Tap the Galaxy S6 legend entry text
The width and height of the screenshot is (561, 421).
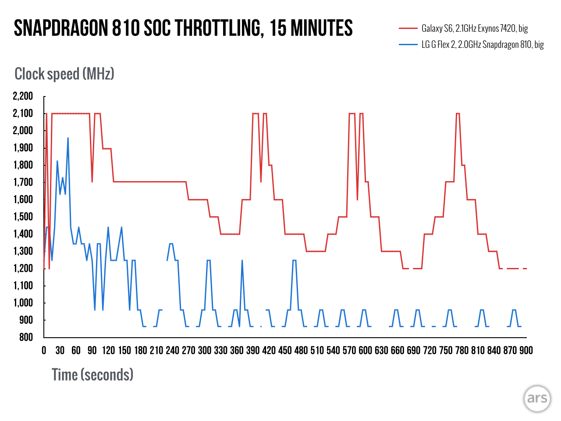(475, 29)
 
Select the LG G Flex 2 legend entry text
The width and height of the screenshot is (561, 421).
(483, 44)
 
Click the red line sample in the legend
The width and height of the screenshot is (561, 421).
(408, 29)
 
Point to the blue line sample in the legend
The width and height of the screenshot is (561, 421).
(408, 44)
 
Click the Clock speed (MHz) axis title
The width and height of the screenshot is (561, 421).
(64, 74)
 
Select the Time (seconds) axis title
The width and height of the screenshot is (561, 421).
(92, 375)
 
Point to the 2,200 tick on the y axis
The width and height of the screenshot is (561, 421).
(23, 96)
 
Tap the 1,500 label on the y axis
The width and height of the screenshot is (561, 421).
(23, 217)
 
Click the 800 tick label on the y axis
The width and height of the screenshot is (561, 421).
(26, 337)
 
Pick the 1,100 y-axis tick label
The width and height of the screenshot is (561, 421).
(23, 285)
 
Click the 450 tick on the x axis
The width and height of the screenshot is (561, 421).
(285, 350)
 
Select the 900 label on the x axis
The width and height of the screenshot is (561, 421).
(526, 350)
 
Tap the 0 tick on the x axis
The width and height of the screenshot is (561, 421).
(44, 350)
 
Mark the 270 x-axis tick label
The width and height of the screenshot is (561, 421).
(188, 350)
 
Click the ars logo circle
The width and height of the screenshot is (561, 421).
(537, 399)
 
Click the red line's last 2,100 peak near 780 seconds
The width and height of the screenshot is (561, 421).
(458, 114)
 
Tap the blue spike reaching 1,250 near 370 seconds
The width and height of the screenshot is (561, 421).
(242, 261)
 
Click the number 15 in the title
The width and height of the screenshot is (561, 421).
(278, 29)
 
